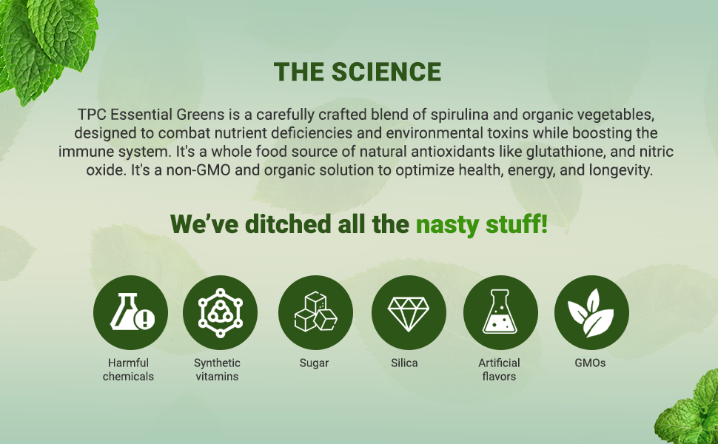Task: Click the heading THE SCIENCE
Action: coord(358,72)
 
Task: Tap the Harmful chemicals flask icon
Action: coord(130,312)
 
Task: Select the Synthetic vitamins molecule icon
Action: coord(220,312)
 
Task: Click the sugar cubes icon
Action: coord(315,312)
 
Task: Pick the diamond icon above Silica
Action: coord(409,312)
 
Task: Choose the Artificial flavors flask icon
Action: coord(500,312)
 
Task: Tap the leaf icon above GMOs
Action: coord(591,312)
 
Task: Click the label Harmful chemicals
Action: coord(129,369)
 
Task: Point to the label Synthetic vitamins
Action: coord(218,369)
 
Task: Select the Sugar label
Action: coord(314,363)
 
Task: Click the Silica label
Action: coord(405,363)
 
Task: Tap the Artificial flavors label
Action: coord(499,369)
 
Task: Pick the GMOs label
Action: coord(590,363)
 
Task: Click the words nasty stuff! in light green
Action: coord(481,223)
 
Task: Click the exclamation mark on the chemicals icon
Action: coord(147,320)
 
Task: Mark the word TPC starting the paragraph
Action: coord(91,116)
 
